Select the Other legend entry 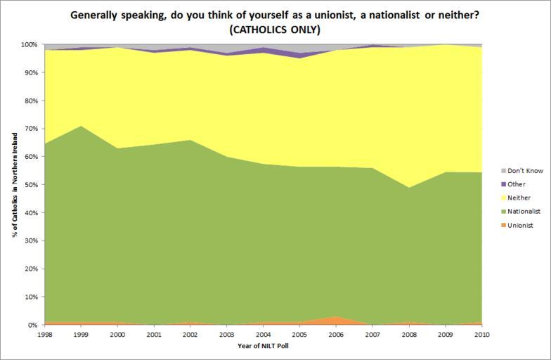click(515, 184)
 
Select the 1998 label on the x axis click(44, 334)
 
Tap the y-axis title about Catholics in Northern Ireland click(14, 184)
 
